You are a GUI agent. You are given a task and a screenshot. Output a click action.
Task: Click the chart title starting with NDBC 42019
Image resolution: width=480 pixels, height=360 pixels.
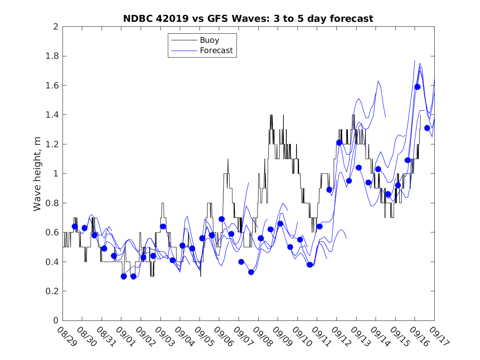(x=248, y=19)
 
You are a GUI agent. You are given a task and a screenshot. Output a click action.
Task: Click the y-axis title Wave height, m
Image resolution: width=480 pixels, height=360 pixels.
(x=37, y=174)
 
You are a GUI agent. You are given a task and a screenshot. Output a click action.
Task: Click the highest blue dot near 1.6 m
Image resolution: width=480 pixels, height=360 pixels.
(x=417, y=87)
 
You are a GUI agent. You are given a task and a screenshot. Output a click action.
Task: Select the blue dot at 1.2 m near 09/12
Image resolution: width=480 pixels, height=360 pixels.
(x=339, y=143)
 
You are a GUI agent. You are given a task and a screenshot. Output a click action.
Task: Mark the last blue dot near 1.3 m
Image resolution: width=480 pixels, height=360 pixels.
(x=427, y=128)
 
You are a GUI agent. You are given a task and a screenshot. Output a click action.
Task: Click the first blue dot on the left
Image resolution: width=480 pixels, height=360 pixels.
(x=75, y=226)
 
